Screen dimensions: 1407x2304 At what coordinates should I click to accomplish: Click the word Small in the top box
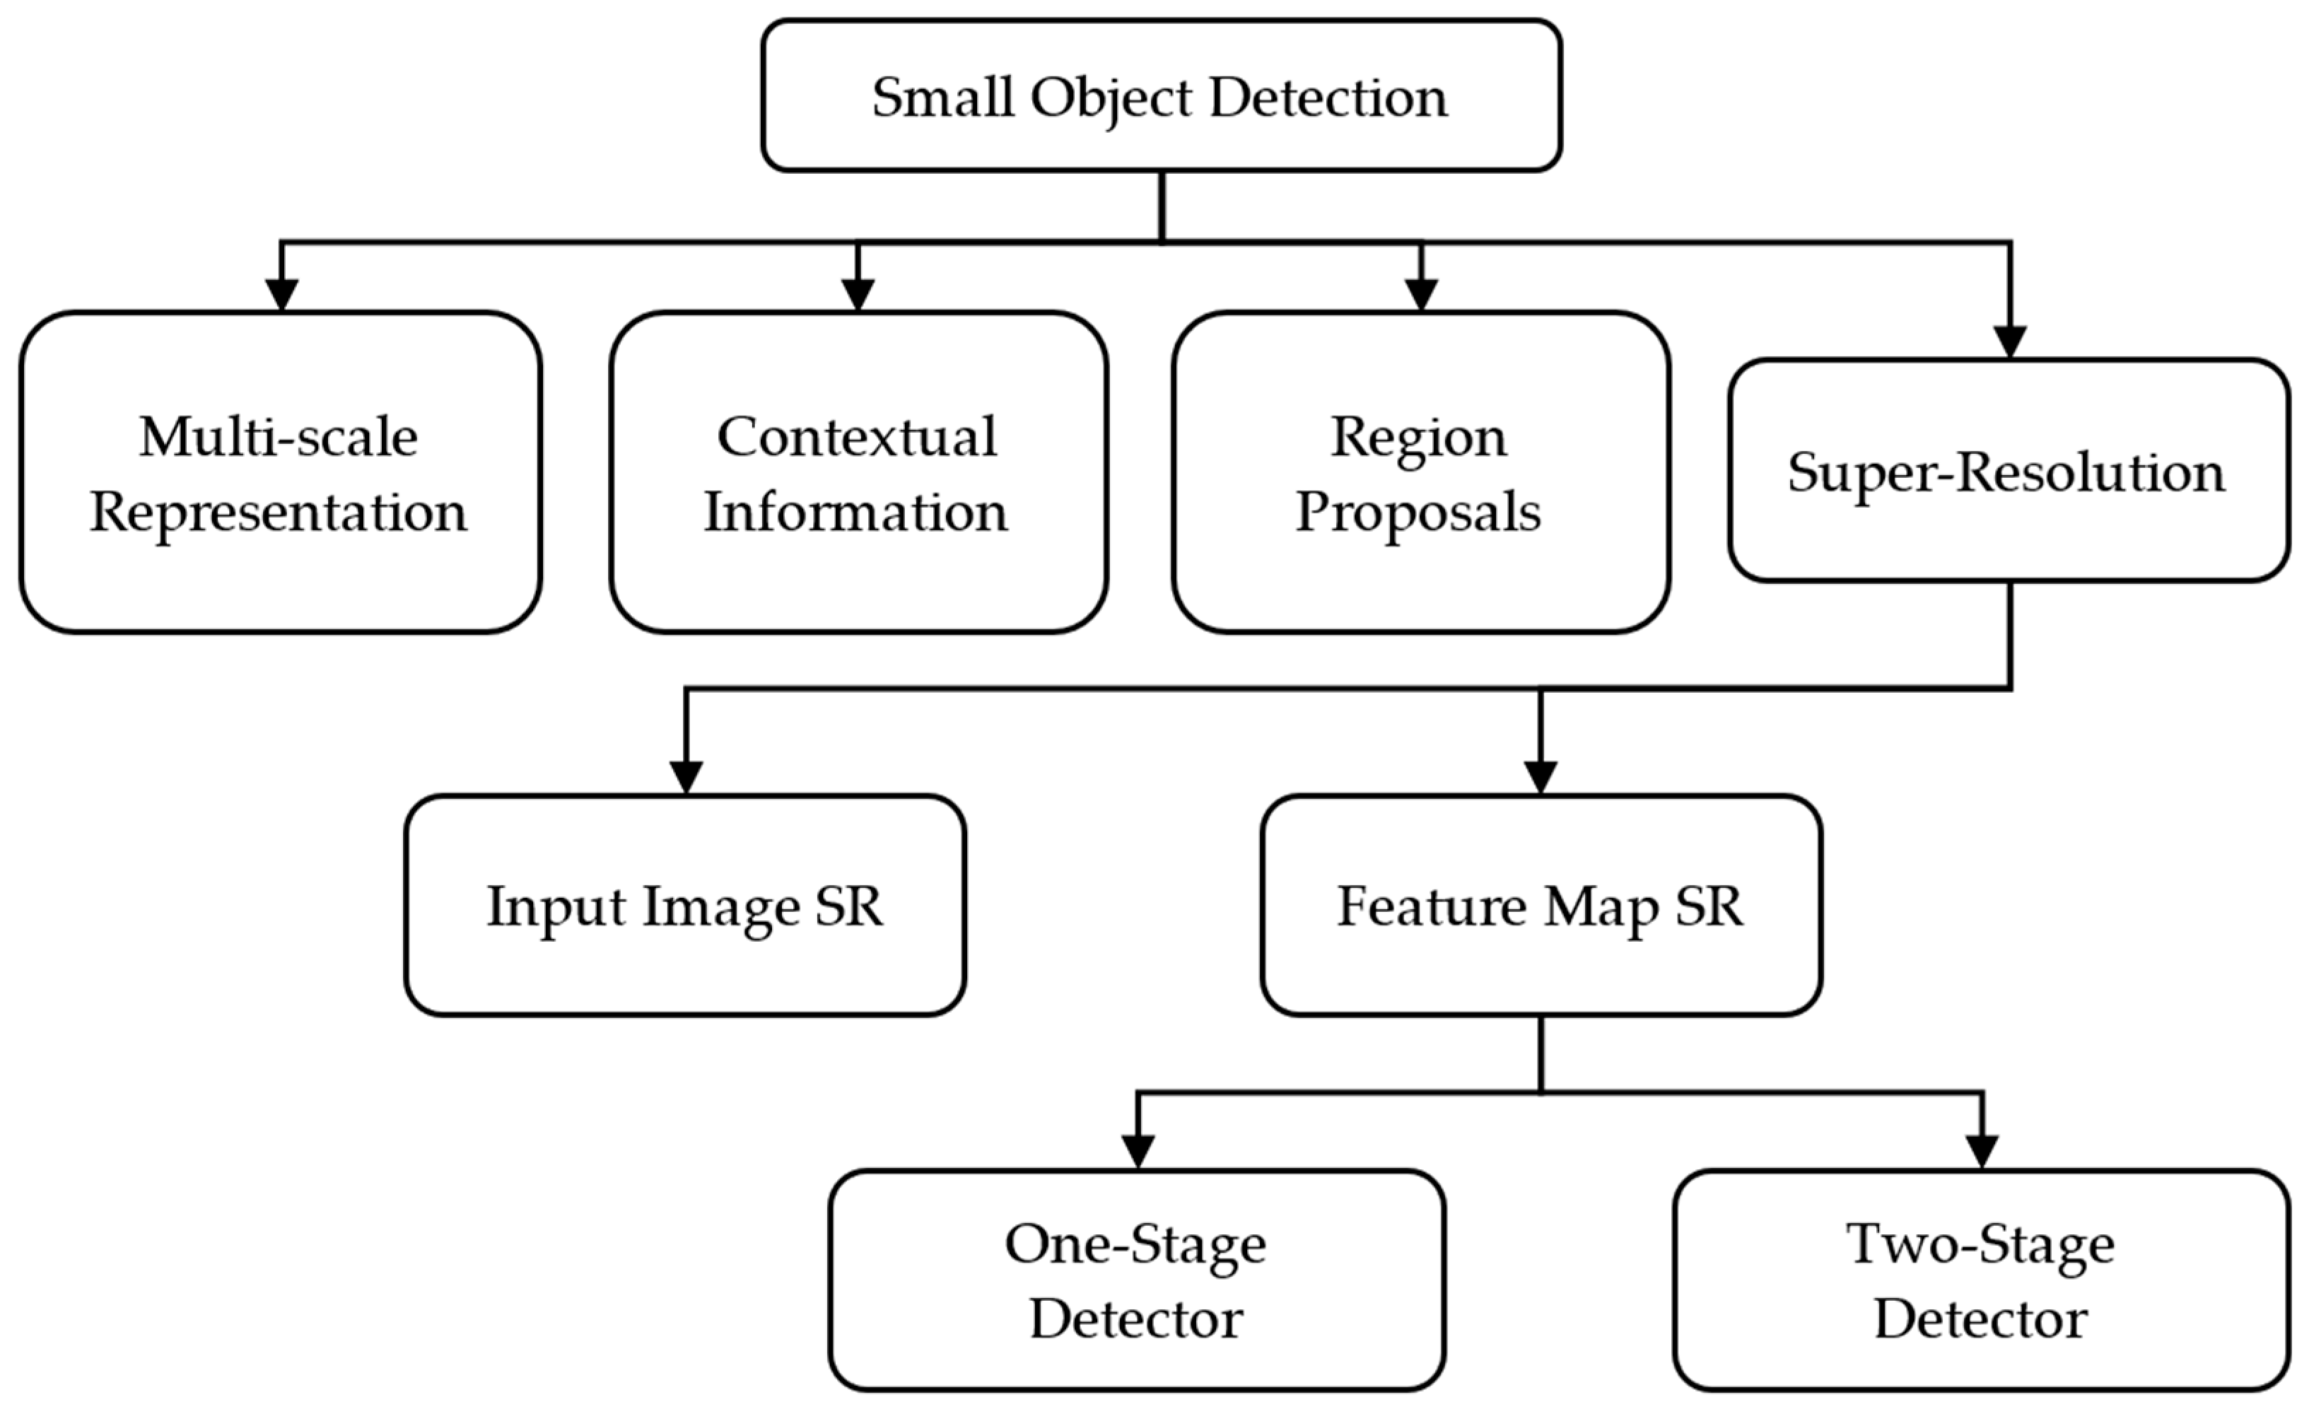click(942, 98)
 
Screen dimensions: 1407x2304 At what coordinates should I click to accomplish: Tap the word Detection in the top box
click(1328, 98)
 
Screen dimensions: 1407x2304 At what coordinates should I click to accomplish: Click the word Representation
click(279, 513)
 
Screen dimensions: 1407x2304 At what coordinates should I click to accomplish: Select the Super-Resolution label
click(2006, 472)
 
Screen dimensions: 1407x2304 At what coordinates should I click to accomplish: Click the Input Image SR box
click(684, 906)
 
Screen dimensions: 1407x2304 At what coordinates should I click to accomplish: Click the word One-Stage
click(1135, 1244)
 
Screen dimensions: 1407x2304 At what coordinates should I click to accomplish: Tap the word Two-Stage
click(1980, 1244)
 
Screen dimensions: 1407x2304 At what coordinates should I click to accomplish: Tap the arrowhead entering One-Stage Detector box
click(1138, 1152)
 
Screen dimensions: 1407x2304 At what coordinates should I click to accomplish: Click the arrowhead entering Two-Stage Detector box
click(1982, 1152)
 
